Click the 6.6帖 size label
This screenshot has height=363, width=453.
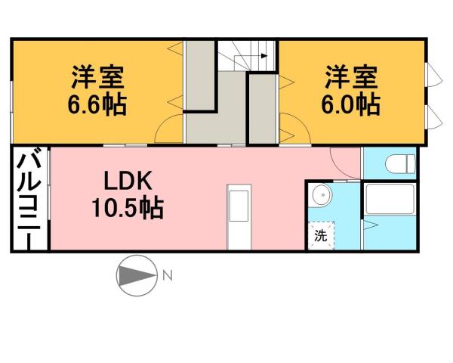(98, 104)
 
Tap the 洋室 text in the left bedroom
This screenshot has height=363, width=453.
(98, 77)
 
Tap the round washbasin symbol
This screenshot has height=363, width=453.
(322, 196)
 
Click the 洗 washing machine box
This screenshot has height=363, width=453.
(321, 235)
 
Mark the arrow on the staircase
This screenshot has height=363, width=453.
(260, 55)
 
